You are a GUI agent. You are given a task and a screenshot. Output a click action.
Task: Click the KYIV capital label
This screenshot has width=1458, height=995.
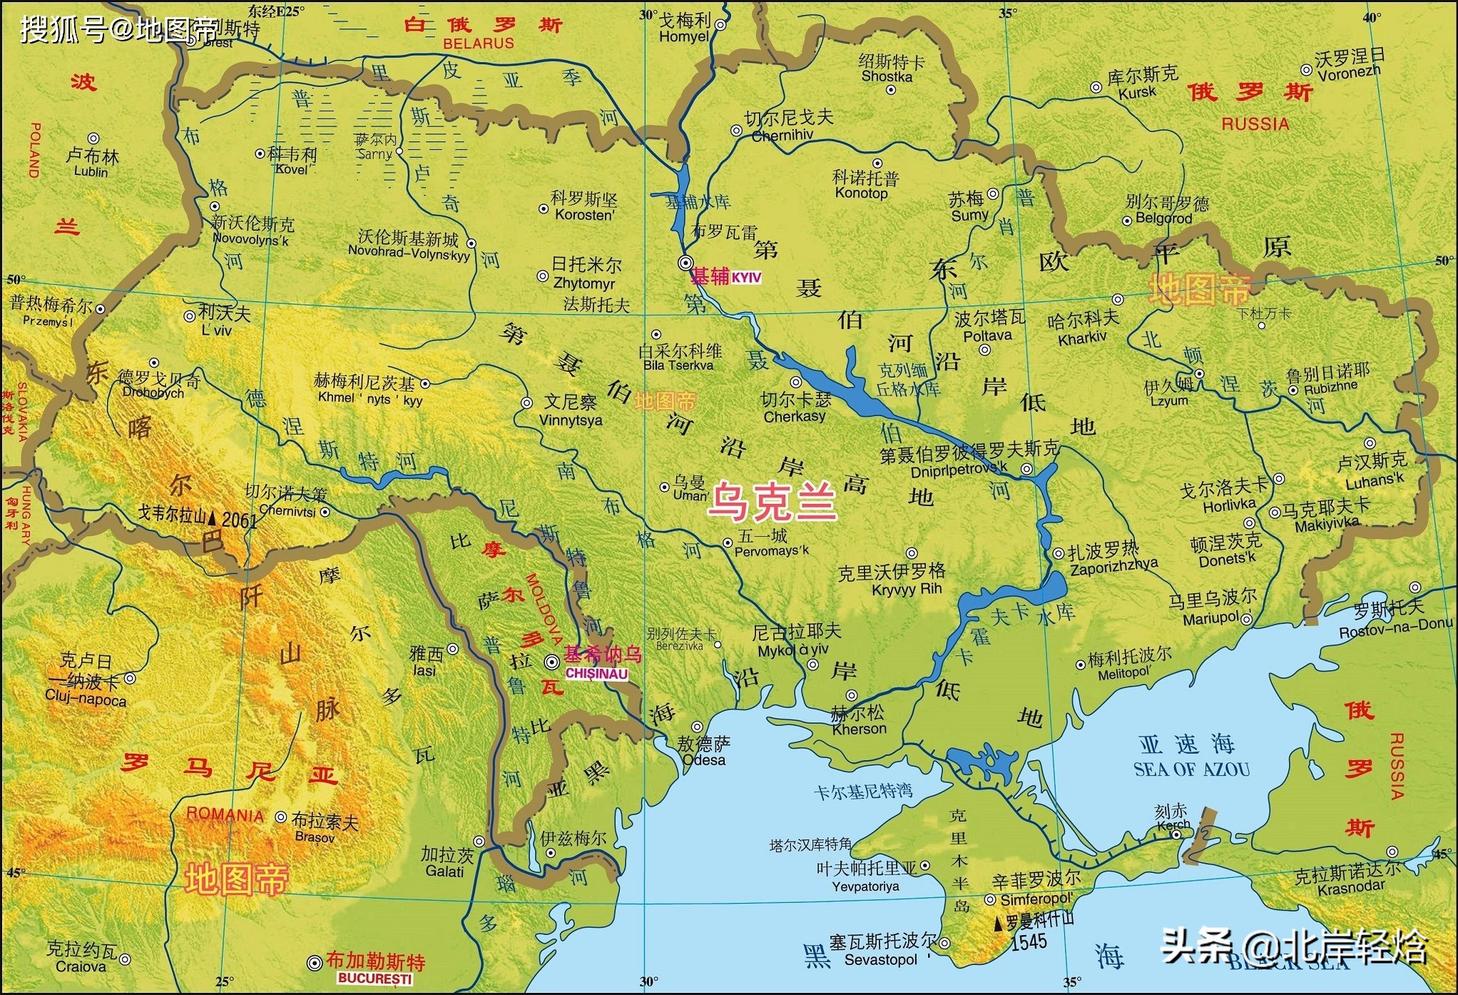(x=746, y=278)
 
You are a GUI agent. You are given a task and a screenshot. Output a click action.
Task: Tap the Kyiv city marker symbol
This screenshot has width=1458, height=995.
(x=685, y=261)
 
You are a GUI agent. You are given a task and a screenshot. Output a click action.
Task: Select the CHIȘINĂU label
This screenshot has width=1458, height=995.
(x=596, y=674)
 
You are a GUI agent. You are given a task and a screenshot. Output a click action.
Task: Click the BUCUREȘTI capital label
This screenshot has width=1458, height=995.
(x=375, y=979)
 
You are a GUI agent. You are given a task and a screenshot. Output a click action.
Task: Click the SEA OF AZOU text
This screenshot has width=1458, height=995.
(x=1191, y=769)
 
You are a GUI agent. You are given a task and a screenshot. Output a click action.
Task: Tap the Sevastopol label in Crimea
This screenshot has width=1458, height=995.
(x=880, y=960)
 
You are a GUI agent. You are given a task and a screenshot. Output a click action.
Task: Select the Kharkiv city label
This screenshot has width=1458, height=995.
(x=1082, y=338)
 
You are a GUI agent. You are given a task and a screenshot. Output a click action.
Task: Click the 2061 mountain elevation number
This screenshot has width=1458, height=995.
(x=239, y=520)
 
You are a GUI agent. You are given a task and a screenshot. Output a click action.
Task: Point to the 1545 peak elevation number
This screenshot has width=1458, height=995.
(x=1029, y=942)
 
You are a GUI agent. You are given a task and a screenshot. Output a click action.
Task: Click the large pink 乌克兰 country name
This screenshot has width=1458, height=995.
(x=772, y=501)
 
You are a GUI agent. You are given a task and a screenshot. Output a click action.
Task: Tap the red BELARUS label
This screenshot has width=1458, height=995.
(x=478, y=43)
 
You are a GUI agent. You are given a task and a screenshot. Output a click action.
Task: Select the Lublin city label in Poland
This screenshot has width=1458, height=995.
(x=91, y=172)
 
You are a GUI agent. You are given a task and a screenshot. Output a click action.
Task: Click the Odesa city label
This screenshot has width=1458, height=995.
(x=703, y=759)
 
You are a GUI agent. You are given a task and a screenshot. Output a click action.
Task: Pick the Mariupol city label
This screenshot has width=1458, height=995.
(x=1210, y=618)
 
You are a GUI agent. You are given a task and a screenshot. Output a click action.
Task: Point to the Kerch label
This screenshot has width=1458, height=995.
(x=1173, y=824)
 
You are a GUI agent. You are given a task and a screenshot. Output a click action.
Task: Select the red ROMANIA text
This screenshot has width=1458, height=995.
(x=225, y=814)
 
